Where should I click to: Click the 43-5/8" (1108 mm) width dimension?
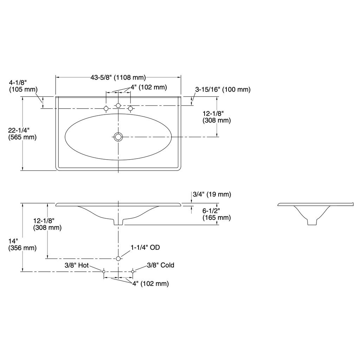(118, 78)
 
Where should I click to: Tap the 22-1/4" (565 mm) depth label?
(22, 134)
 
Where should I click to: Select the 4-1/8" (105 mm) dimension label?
(23, 86)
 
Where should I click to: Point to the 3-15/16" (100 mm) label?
(223, 89)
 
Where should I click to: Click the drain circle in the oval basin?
(118, 137)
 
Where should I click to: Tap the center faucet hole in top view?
(118, 105)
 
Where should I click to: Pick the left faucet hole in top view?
(106, 108)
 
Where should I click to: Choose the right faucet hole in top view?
(130, 108)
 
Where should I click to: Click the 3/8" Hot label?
(77, 265)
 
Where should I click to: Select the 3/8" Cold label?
(160, 265)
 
